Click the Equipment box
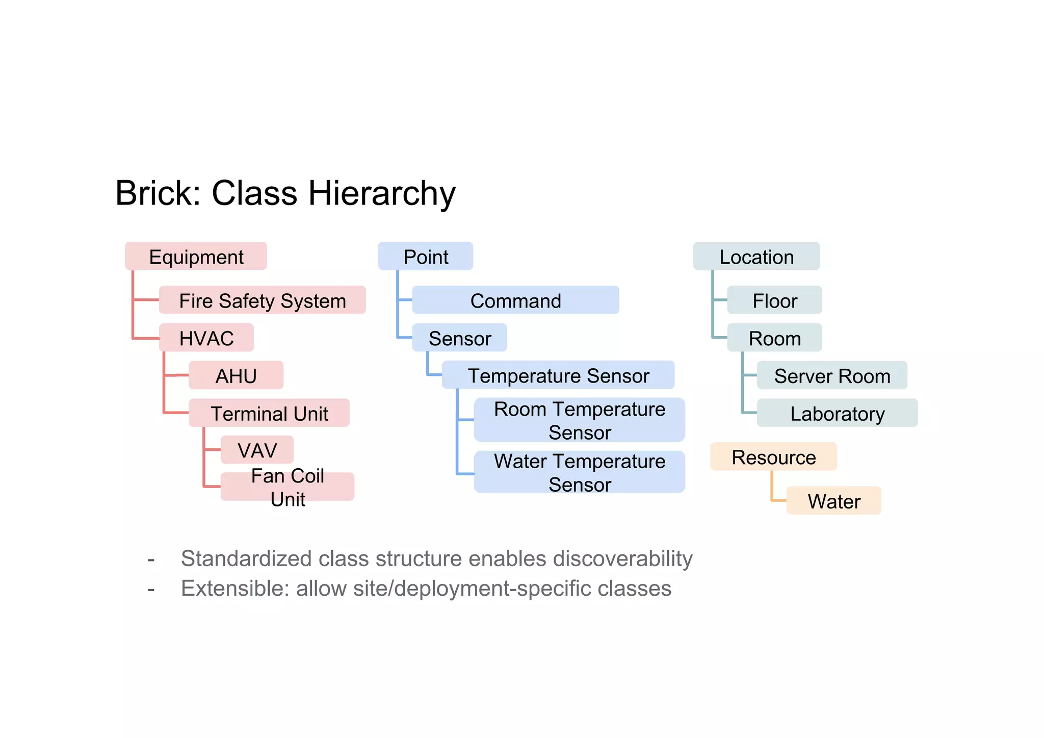point(196,256)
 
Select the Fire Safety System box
point(262,300)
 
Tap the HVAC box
point(206,338)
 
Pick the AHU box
point(236,375)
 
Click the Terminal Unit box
point(269,413)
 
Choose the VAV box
point(257,450)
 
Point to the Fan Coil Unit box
point(287,487)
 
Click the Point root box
point(425,256)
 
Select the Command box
point(515,300)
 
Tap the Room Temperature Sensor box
point(579,420)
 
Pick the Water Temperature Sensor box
point(579,472)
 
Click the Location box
point(756,256)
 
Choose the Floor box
point(774,300)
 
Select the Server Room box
point(831,375)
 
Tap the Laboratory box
point(837,413)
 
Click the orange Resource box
point(773,456)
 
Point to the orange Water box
point(833,500)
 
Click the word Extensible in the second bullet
point(235,588)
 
